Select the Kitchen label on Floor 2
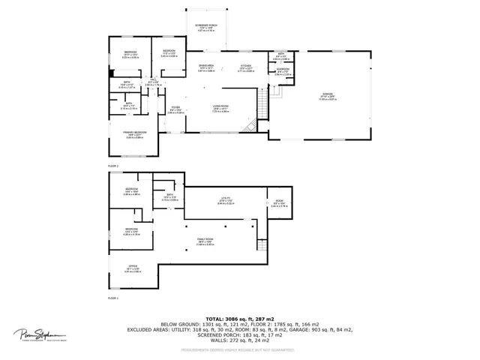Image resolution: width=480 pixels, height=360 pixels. [246, 67]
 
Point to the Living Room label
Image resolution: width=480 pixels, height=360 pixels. [219, 110]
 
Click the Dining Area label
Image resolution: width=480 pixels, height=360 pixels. [205, 67]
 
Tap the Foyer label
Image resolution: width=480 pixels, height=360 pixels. [175, 109]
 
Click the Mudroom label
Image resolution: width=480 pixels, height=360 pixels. [282, 73]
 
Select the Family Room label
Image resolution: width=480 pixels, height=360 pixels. [205, 241]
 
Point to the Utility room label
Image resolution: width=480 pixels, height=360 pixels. [225, 201]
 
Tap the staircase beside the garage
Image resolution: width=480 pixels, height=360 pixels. [260, 105]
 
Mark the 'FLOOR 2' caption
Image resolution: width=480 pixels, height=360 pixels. [113, 165]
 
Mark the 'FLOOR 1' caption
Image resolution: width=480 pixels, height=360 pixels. [113, 298]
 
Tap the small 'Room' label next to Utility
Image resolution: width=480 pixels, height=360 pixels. [279, 202]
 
